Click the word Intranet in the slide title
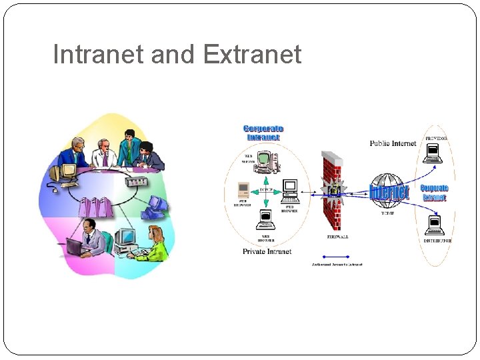coord(99,55)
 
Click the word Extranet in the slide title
coord(252,55)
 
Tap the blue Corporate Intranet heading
coord(263,133)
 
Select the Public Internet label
coord(393,143)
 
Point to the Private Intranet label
coord(267,251)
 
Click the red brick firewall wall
coord(332,193)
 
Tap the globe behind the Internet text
coord(388,191)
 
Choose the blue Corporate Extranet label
coord(434,192)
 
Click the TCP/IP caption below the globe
coord(388,214)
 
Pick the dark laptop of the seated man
coord(74,247)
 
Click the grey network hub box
coord(136,181)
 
